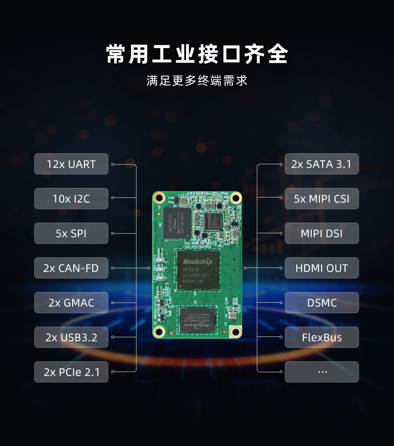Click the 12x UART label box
(x=71, y=164)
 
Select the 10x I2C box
(x=71, y=199)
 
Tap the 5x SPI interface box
(x=71, y=233)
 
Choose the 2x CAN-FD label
(x=71, y=268)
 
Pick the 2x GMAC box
(x=71, y=303)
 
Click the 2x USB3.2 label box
(x=71, y=337)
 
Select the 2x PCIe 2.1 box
(x=71, y=372)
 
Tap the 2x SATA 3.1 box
(x=321, y=164)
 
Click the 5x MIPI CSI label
(x=321, y=199)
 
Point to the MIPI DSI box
(x=321, y=233)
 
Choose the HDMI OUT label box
(x=321, y=268)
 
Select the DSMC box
(x=321, y=303)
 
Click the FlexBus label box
(x=321, y=337)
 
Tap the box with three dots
(x=321, y=372)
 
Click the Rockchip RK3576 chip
(x=197, y=270)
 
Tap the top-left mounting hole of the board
(x=159, y=198)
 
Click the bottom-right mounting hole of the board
(x=235, y=332)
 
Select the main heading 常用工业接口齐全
(x=197, y=54)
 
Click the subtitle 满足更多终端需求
(x=197, y=81)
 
